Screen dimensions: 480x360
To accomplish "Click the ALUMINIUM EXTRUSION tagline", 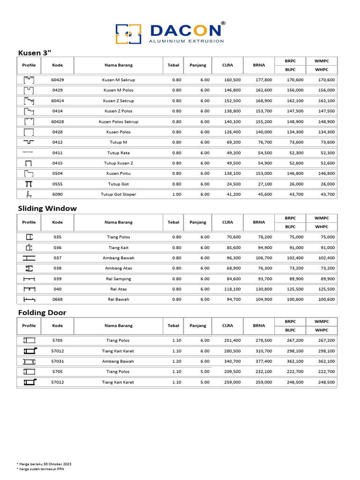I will point(186,41).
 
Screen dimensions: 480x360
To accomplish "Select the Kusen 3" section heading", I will point(34,52).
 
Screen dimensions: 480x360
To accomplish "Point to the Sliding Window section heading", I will point(47,208).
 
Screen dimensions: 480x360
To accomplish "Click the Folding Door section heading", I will point(42,312).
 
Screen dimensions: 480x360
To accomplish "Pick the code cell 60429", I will point(57,80).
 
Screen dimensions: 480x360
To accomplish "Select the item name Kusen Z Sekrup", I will point(118,101).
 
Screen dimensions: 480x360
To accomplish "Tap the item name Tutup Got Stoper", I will point(118,194).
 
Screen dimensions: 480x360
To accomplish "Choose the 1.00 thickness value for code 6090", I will point(176,194).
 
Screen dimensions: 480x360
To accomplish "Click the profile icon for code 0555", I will point(29,184).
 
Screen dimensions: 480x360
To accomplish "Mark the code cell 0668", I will point(57,299).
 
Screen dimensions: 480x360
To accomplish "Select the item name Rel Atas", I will point(118,289).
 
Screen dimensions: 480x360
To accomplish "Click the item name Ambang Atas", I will point(118,268).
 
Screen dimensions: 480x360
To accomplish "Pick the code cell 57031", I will point(57,361).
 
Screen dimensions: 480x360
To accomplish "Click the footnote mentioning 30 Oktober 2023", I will point(44,464).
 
